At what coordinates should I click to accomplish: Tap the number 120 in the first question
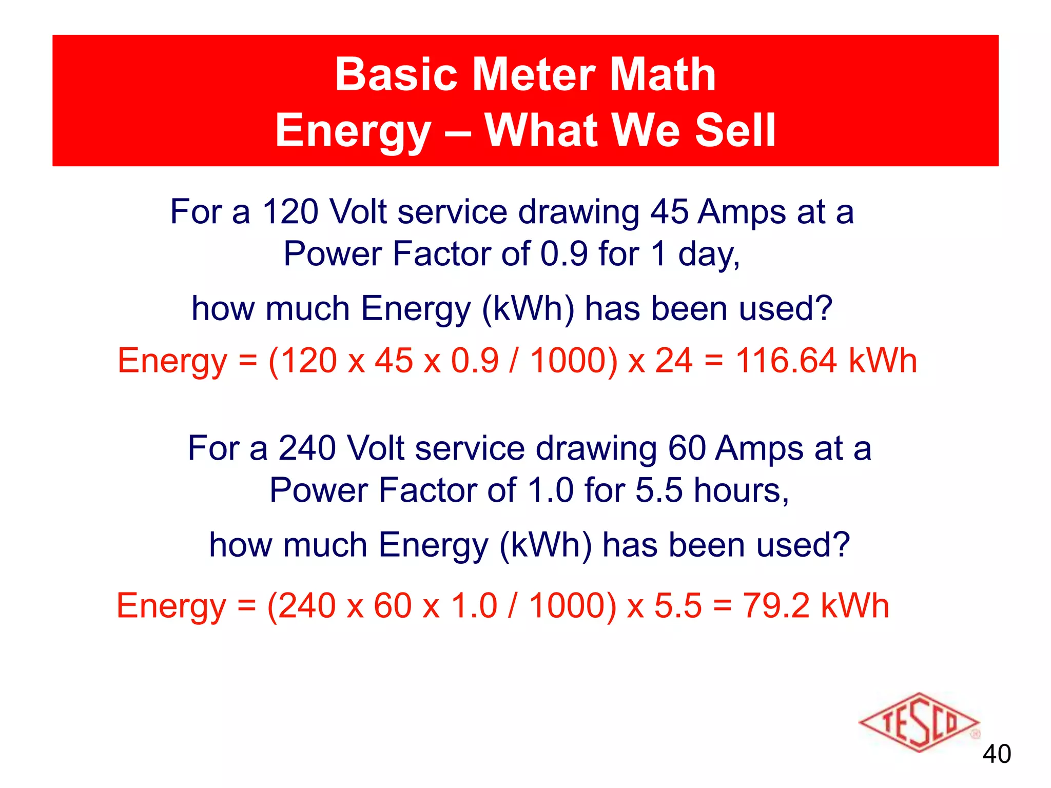pyautogui.click(x=290, y=211)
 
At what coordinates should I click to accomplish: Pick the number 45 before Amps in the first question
pyautogui.click(x=669, y=211)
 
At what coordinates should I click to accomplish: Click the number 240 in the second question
pyautogui.click(x=307, y=448)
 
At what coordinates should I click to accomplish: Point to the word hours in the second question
pyautogui.click(x=741, y=490)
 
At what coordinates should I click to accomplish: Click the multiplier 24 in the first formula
pyautogui.click(x=673, y=360)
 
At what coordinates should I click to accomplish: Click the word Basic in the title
pyautogui.click(x=396, y=75)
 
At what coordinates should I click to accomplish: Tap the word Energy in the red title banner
pyautogui.click(x=353, y=131)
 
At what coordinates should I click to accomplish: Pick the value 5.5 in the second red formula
pyautogui.click(x=677, y=605)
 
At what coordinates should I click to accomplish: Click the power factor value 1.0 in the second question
pyautogui.click(x=550, y=490)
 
